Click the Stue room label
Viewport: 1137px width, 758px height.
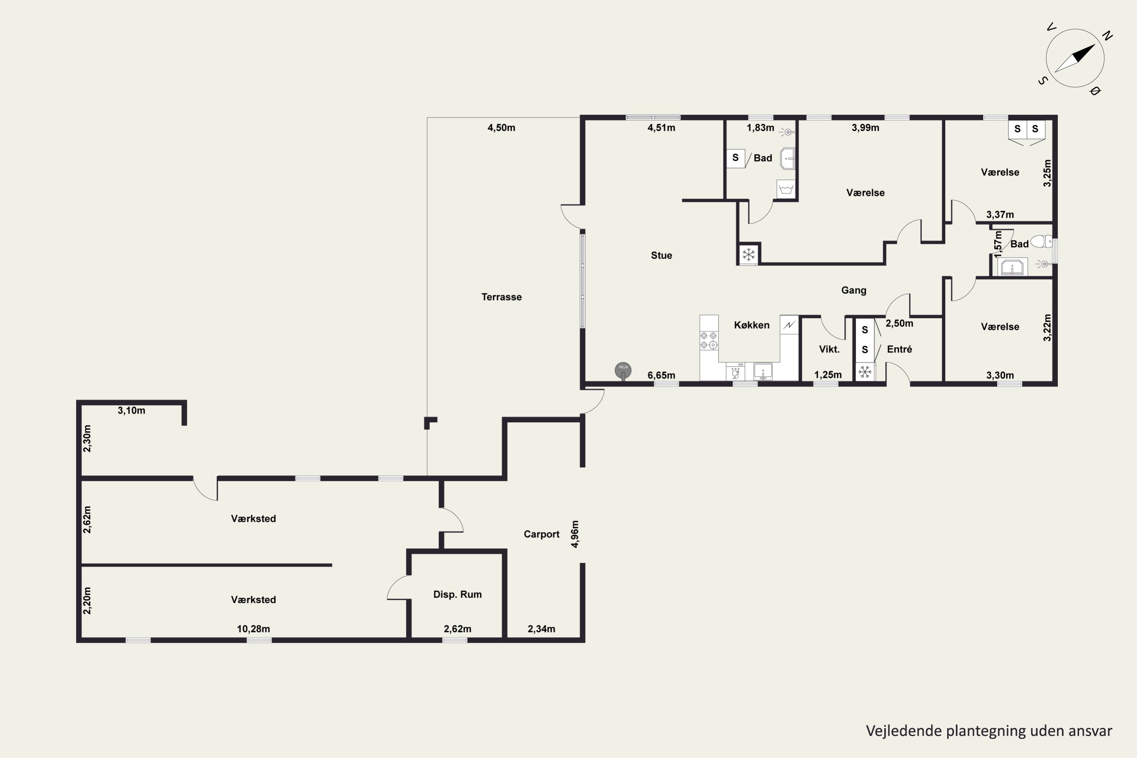tap(661, 255)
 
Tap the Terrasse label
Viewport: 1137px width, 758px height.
tap(501, 297)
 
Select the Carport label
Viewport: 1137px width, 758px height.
tap(542, 534)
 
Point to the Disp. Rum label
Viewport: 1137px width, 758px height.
tap(457, 595)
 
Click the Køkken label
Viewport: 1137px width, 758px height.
tap(752, 325)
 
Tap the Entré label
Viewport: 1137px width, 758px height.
tap(900, 349)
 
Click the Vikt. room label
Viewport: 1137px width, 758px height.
tap(829, 349)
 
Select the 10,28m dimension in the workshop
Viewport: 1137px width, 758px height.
tap(253, 629)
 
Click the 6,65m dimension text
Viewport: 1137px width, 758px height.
tap(661, 376)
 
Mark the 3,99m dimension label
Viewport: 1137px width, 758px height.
tap(865, 128)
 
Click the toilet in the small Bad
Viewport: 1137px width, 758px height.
tap(1041, 241)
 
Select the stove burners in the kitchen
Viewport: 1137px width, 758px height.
tap(709, 340)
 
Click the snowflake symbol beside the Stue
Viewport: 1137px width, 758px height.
tap(748, 254)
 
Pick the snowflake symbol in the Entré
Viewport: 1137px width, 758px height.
tap(865, 372)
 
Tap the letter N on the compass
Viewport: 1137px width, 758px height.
tap(1107, 35)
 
